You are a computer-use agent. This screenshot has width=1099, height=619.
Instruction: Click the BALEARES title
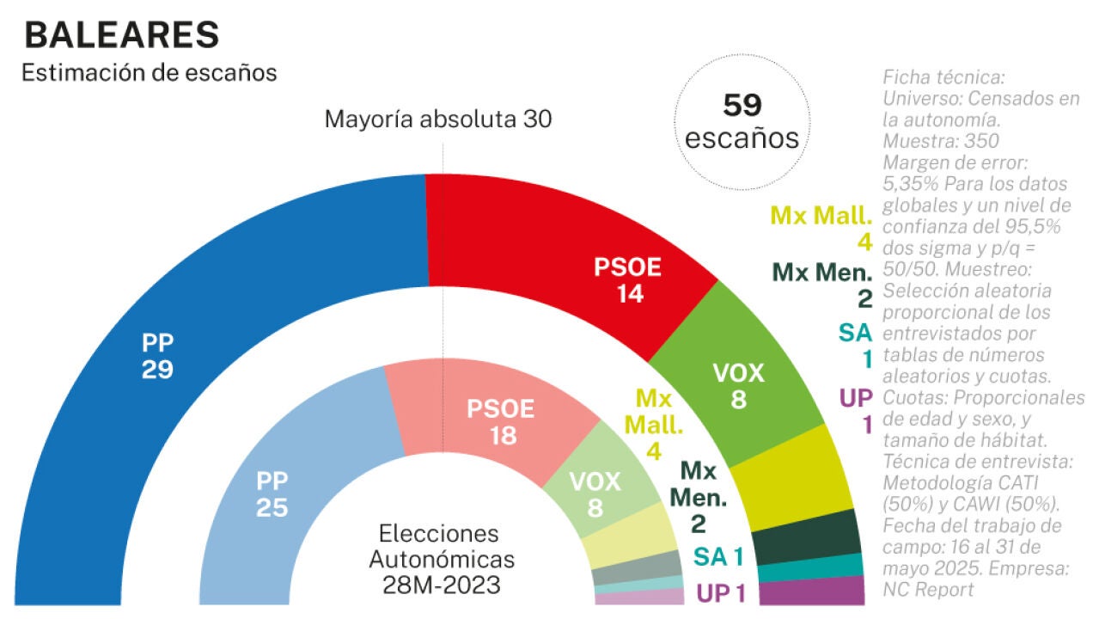click(121, 34)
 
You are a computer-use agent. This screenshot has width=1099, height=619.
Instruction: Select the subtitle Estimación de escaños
click(149, 73)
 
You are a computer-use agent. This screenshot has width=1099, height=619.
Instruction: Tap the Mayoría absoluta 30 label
click(437, 120)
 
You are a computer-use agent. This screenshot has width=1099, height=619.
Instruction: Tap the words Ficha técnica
click(943, 77)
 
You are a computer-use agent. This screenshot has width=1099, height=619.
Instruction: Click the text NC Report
click(928, 590)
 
